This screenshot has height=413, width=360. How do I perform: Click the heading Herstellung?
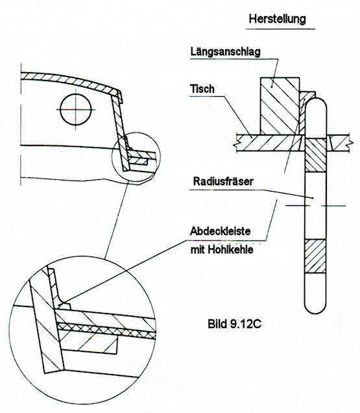(x=278, y=19)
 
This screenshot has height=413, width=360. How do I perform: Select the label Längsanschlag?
(x=226, y=52)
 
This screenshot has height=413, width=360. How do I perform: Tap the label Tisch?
(x=202, y=89)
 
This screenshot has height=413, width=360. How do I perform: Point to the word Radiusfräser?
(x=223, y=181)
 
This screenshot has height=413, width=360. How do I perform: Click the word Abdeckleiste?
(x=221, y=231)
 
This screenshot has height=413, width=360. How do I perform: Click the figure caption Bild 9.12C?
(x=234, y=323)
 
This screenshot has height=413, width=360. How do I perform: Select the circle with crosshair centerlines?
(x=76, y=110)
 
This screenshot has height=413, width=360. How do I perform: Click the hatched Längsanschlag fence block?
(x=280, y=106)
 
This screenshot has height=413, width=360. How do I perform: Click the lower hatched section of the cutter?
(x=315, y=256)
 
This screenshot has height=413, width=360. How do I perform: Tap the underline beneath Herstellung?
(x=280, y=29)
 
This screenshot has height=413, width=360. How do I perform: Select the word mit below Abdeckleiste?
(x=197, y=249)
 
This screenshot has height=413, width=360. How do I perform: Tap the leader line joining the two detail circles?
(x=117, y=219)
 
